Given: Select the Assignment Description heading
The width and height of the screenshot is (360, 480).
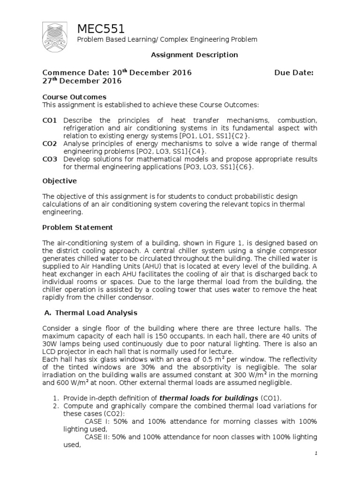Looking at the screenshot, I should coord(194,55).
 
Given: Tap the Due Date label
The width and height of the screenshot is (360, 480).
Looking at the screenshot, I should coord(294,73).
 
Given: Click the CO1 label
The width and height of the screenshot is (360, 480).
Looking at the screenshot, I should coord(49,120).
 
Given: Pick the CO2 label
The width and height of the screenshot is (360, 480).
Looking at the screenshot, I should coord(49,144).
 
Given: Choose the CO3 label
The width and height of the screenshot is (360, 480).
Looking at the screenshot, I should coord(49,159).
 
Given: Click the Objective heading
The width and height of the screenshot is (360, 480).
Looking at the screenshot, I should coord(60,180).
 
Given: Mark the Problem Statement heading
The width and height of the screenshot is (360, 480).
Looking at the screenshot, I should coord(78,227).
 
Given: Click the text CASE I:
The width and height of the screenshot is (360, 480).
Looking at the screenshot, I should coord(96,421).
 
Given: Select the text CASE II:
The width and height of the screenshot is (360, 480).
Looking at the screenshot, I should coord(97,437).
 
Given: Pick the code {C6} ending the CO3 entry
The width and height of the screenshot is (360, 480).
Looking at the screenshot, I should coord(244,167).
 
